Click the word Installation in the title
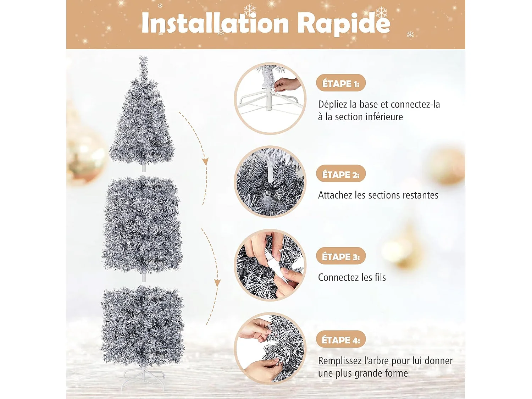point(215,23)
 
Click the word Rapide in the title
point(343,23)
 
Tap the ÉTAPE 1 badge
point(340,83)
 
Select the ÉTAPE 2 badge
point(340,174)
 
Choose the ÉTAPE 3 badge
point(340,256)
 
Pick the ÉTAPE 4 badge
point(340,340)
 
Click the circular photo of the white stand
point(270,99)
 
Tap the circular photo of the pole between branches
point(270,182)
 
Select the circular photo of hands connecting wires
point(270,265)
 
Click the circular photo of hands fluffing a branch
point(270,348)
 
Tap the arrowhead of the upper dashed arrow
point(205,162)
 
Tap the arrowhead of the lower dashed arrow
point(217,283)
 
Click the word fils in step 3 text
point(380,277)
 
